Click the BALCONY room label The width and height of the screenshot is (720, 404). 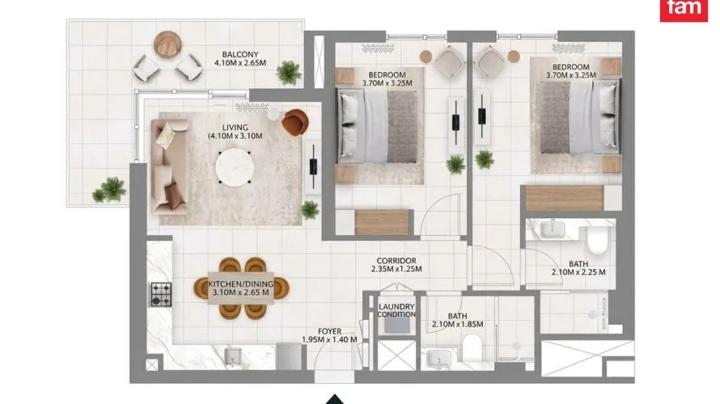pyautogui.click(x=239, y=54)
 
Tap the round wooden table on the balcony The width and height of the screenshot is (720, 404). pyautogui.click(x=167, y=44)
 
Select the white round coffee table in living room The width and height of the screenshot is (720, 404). pyautogui.click(x=235, y=167)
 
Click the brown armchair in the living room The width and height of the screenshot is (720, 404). pyautogui.click(x=294, y=123)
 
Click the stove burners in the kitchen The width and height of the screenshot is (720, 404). pyautogui.click(x=161, y=294)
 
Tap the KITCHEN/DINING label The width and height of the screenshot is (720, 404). pyautogui.click(x=240, y=284)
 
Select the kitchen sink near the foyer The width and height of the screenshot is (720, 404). pyautogui.click(x=233, y=356)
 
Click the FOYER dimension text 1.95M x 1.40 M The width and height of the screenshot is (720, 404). pyautogui.click(x=329, y=340)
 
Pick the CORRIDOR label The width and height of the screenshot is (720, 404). pyautogui.click(x=396, y=260)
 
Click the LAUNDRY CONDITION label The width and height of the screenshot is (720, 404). pyautogui.click(x=396, y=310)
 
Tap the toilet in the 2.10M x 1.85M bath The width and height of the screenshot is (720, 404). pyautogui.click(x=472, y=348)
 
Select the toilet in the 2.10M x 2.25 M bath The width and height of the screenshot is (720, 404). pyautogui.click(x=597, y=240)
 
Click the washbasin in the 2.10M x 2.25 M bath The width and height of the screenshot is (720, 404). pyautogui.click(x=553, y=229)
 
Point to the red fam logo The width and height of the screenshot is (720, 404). pyautogui.click(x=684, y=10)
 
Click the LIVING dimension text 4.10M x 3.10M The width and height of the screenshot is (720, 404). pyautogui.click(x=235, y=137)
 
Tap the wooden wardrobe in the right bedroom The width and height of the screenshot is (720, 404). pyautogui.click(x=565, y=198)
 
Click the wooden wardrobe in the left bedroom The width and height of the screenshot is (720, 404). pyautogui.click(x=382, y=222)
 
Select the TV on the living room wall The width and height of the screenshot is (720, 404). pyautogui.click(x=314, y=166)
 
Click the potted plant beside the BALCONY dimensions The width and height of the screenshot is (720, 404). pyautogui.click(x=290, y=73)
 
